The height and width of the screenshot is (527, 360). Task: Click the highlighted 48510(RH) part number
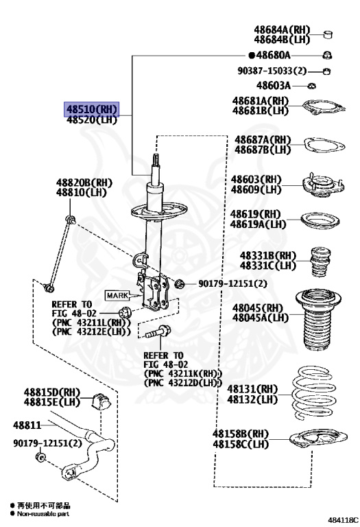92,109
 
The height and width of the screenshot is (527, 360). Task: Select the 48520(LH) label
92,119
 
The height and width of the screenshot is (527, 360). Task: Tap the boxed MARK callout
117,296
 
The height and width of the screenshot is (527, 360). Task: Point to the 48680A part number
273,55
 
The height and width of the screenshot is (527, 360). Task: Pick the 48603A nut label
274,86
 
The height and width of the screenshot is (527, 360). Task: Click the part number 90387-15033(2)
272,71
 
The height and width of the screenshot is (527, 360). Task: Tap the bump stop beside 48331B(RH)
320,262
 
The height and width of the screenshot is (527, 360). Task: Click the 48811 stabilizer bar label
27,425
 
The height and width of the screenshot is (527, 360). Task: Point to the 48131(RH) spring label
252,389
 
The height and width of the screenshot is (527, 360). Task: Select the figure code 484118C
343,520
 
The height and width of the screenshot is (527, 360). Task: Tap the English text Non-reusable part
43,514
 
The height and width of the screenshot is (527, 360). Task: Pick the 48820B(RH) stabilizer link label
84,183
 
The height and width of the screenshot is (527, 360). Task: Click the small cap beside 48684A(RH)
328,34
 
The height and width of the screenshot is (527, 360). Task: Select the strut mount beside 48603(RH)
323,185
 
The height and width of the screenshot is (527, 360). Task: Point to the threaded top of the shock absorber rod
156,161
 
